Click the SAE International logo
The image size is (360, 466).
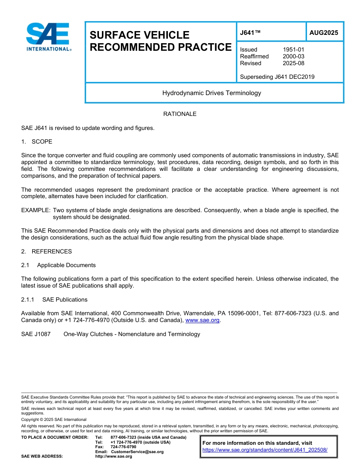coord(48,37)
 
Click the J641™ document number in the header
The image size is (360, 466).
coord(250,33)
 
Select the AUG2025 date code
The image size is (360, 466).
coord(324,33)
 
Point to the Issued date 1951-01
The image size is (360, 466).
coord(293,50)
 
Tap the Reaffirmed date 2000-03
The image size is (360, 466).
coord(293,56)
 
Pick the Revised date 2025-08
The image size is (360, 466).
coord(293,63)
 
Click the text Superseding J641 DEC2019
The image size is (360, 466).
coord(277,77)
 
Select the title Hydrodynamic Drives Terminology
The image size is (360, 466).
coord(211,93)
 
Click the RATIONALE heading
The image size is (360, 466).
coord(180,114)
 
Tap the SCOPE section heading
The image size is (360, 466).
coord(42,142)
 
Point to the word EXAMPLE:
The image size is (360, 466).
coord(36,210)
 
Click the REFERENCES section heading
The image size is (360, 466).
coord(52,252)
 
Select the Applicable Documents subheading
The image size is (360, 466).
coord(66,265)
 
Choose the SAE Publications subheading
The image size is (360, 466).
coord(65,300)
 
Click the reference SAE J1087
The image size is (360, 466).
coord(36,334)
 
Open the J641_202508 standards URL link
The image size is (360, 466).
coord(265,450)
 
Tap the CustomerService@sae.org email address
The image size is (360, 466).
coord(137,452)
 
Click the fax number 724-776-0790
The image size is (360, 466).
coord(123,447)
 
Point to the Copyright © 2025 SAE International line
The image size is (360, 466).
coord(54,420)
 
